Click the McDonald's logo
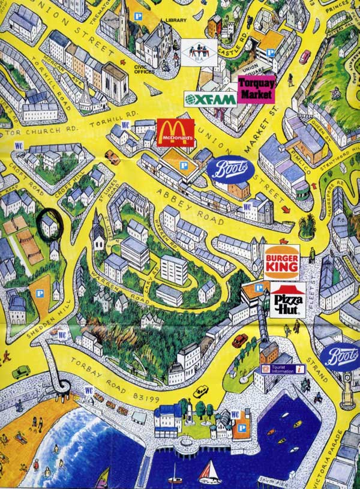[176, 132]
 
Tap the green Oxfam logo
[210, 99]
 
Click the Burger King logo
[281, 262]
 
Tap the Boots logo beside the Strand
[340, 356]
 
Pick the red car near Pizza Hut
[240, 340]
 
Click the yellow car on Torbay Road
[200, 392]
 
